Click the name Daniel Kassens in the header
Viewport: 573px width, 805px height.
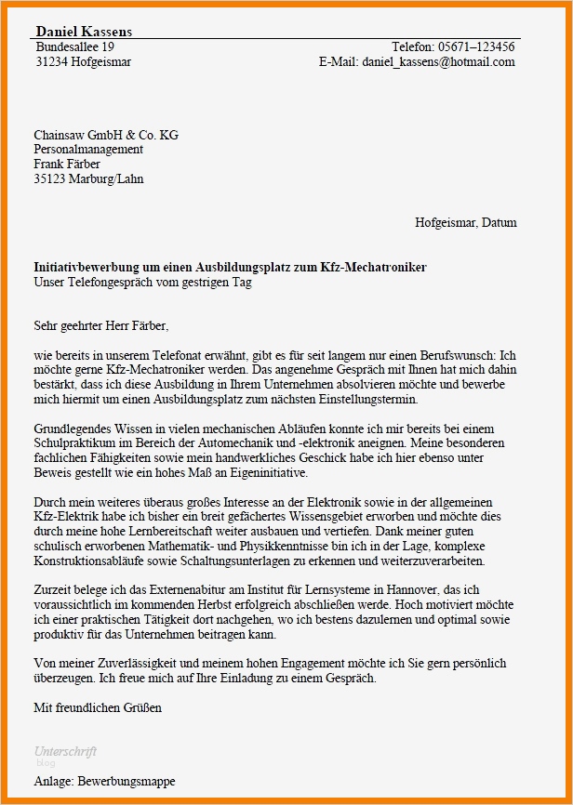pyautogui.click(x=84, y=32)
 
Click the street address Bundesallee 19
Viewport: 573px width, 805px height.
pyautogui.click(x=74, y=46)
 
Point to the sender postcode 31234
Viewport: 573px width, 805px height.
pyautogui.click(x=51, y=62)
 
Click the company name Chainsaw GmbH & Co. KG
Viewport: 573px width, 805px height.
pyautogui.click(x=106, y=135)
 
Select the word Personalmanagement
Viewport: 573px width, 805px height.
pyautogui.click(x=88, y=150)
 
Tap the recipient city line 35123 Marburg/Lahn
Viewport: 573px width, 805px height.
pyautogui.click(x=88, y=179)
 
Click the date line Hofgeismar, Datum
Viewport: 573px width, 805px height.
pyautogui.click(x=465, y=223)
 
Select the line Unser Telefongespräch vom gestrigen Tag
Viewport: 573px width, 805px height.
pyautogui.click(x=142, y=283)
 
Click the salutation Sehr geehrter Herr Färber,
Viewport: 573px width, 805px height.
pyautogui.click(x=101, y=326)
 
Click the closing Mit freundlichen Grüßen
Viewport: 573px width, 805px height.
pyautogui.click(x=98, y=708)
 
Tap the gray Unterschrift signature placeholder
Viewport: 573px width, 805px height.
pyautogui.click(x=65, y=751)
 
